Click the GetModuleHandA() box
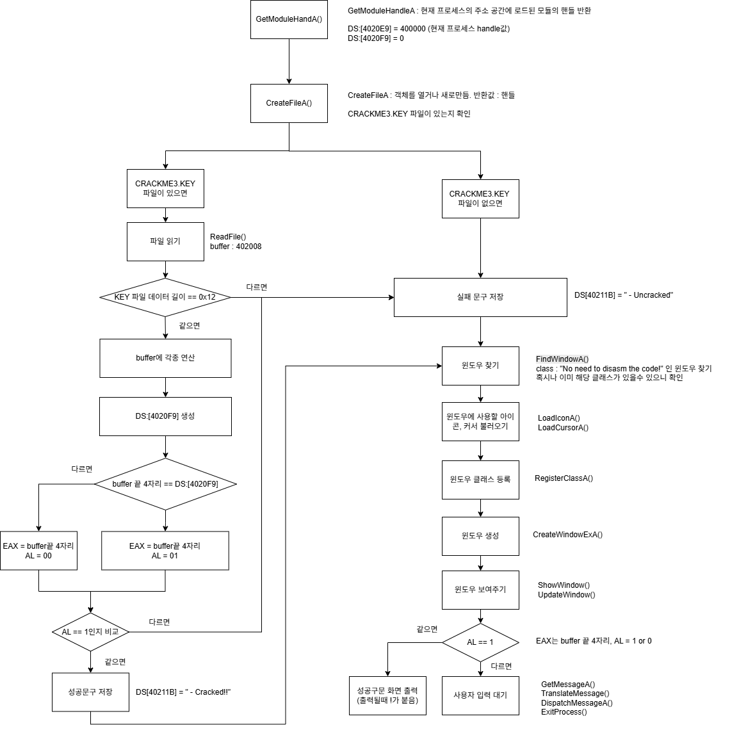(289, 19)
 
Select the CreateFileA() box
(289, 103)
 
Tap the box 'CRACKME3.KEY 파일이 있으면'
(165, 188)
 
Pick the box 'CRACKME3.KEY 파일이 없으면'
(480, 199)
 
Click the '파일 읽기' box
(165, 241)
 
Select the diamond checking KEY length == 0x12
(165, 297)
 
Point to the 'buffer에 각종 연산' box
(165, 358)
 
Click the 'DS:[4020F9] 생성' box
(165, 416)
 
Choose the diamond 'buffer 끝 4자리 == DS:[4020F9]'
(165, 484)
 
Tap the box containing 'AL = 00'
(38, 551)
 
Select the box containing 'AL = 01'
(165, 551)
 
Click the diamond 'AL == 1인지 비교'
(90, 632)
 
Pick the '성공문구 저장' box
(90, 692)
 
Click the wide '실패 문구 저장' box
(480, 297)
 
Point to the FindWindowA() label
(562, 359)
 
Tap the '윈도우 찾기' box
(480, 366)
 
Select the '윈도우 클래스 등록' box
(480, 480)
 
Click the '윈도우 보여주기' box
(480, 590)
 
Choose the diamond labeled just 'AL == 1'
(480, 642)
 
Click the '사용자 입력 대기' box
(480, 695)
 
